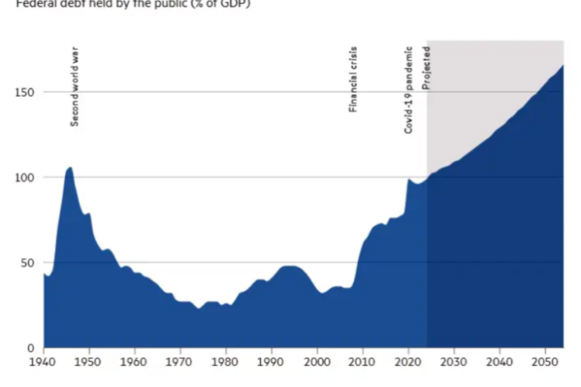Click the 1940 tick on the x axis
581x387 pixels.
coord(43,362)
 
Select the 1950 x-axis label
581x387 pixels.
coord(89,362)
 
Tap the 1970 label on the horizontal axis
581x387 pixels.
coord(179,362)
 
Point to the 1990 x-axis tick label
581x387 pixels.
coord(271,362)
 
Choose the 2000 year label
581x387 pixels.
coord(317,362)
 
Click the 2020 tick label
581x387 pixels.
coord(409,362)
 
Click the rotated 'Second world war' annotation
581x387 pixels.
coord(75,86)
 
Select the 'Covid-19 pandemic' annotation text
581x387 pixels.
coord(409,90)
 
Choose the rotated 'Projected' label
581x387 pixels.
coord(426,67)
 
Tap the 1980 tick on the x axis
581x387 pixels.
coord(225,362)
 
